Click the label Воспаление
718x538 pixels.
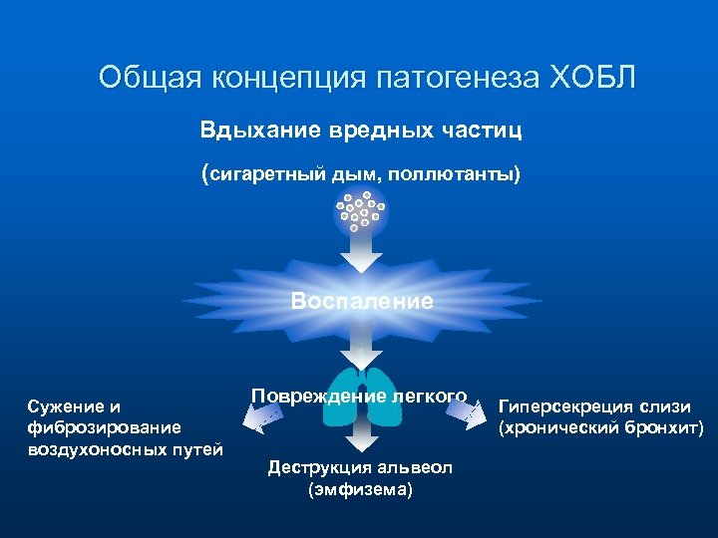pos(362,301)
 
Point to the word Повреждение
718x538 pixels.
pos(309,396)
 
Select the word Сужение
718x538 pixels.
pos(66,406)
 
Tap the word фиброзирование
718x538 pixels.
pos(104,427)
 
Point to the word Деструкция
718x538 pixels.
pos(317,468)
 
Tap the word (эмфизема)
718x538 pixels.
pos(360,489)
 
